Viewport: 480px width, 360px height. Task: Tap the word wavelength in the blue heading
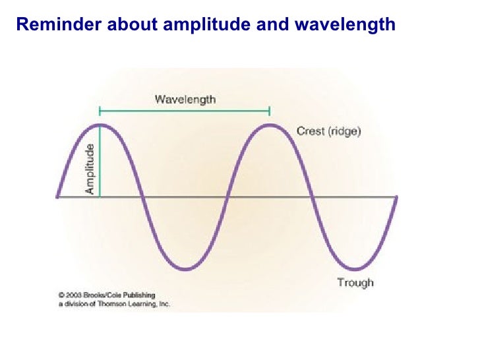tap(345, 25)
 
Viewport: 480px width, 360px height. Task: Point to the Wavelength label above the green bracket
tap(185, 100)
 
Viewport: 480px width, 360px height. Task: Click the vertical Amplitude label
tap(90, 169)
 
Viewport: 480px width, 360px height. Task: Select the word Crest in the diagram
tap(310, 131)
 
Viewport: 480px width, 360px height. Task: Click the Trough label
tap(355, 282)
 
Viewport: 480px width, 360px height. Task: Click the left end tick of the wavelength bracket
tap(100, 110)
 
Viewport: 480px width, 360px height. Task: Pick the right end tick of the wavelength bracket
tap(270, 110)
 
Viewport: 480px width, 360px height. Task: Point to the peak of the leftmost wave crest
tap(100, 124)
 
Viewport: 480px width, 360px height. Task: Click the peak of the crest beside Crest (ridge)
tap(270, 124)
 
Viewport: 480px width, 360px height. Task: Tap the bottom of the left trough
tap(186, 269)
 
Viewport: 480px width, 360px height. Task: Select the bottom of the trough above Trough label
tap(355, 269)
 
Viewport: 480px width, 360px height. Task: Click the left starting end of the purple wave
tap(57, 196)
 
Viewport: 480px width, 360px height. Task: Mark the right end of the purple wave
tap(397, 196)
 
